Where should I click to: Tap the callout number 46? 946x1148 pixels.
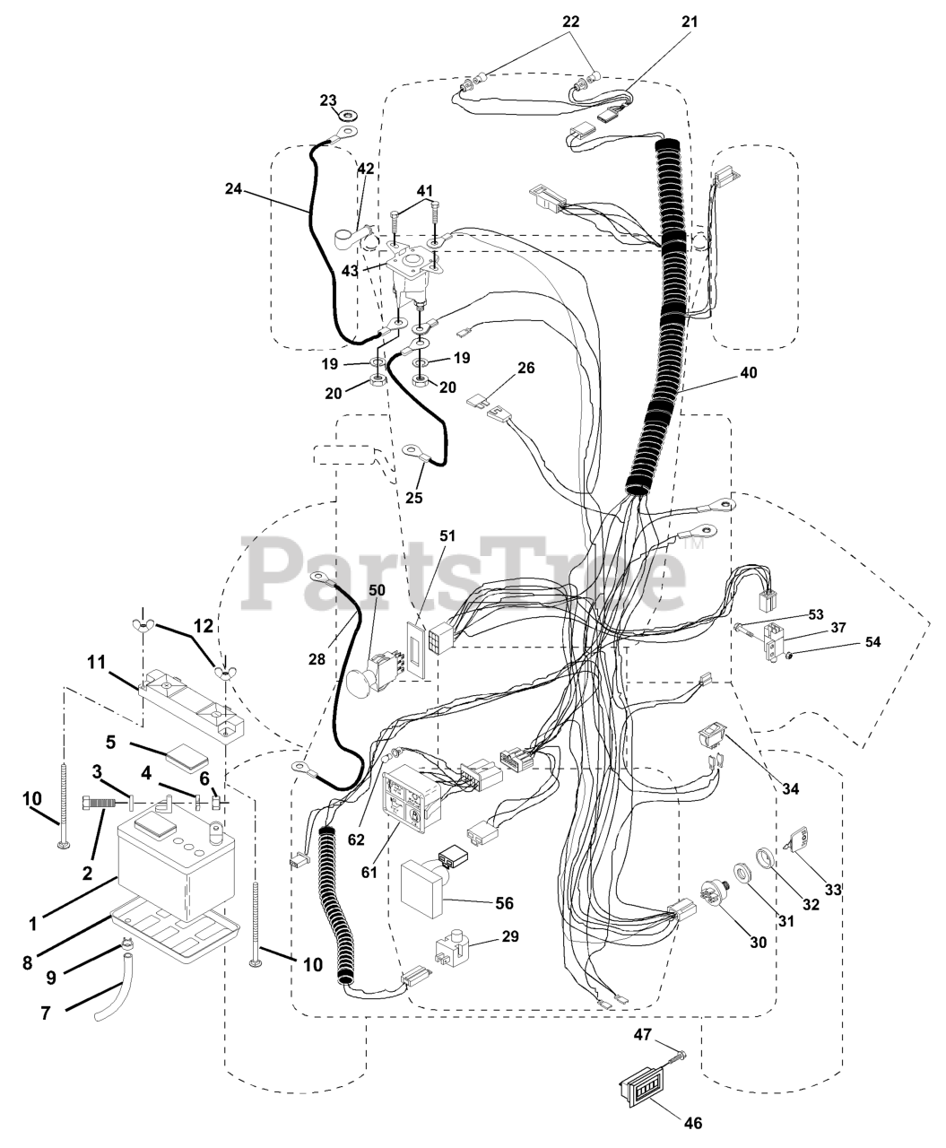692,1123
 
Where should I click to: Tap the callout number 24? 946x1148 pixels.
234,189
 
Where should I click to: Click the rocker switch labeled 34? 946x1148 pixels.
715,741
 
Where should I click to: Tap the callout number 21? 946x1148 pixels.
689,22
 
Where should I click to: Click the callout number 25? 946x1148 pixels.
413,496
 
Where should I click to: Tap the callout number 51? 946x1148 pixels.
447,537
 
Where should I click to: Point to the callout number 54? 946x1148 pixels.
872,642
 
